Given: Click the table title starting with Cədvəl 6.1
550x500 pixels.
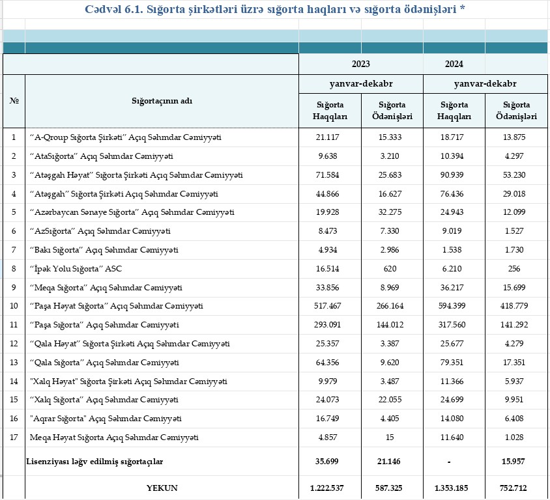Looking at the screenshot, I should point(274,10).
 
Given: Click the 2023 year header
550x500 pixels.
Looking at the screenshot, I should point(361,64).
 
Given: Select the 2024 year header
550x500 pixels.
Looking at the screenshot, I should point(454,64).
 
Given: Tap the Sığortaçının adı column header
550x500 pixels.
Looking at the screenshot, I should point(162,101).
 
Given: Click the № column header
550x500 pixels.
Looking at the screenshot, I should point(14,101).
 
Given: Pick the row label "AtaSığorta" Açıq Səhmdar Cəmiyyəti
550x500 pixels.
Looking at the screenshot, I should point(101,156).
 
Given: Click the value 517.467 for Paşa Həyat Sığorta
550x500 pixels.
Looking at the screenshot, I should point(330,306).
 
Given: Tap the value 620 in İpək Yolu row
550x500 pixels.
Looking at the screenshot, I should point(392,269).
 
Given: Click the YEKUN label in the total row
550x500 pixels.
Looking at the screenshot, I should point(162,488).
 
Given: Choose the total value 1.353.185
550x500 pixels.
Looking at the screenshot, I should point(454,488).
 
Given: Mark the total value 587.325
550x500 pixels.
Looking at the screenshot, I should point(392,488).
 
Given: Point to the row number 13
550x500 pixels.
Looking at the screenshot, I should point(14,363).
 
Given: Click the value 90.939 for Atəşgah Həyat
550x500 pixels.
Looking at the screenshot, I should point(454,175).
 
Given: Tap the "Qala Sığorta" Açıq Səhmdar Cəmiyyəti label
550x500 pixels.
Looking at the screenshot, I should point(104,363).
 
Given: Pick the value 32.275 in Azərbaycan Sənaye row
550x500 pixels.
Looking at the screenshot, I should point(392,212).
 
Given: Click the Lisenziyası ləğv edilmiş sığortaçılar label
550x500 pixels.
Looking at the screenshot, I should point(94,462).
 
